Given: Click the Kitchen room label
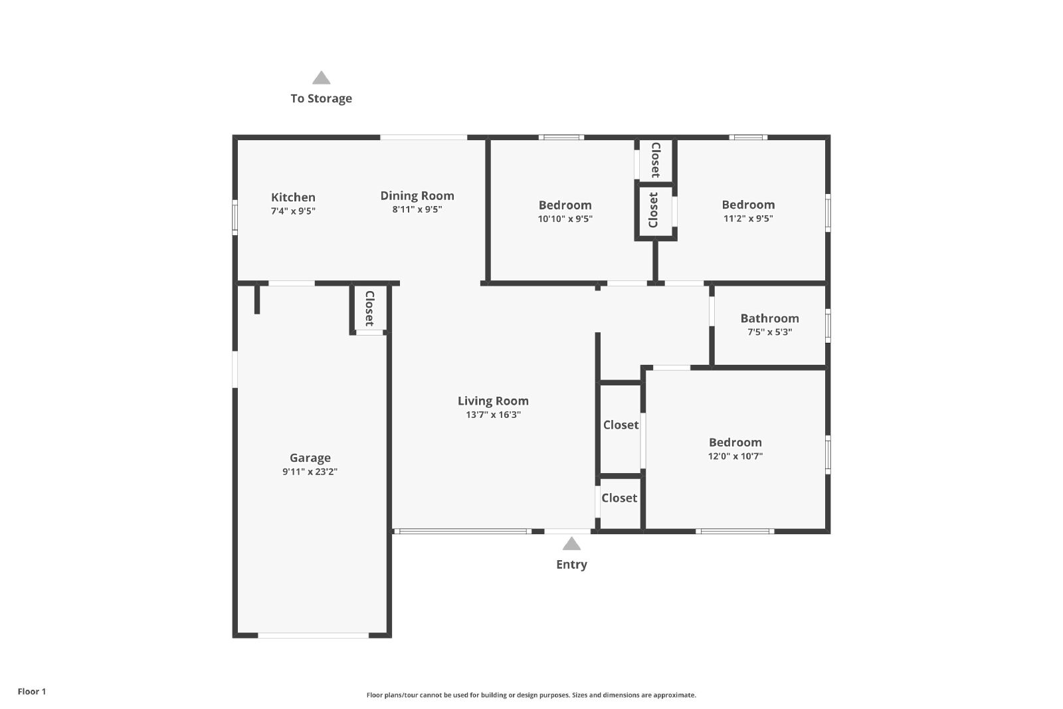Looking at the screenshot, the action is (293, 197).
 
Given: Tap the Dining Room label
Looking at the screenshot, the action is (417, 196).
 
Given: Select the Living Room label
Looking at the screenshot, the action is (493, 401).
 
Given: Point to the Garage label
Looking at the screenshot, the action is (310, 458).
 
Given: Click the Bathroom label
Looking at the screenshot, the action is (770, 318).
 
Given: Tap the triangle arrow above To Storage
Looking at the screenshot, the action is (322, 78).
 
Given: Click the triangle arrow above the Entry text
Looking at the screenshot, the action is (571, 544).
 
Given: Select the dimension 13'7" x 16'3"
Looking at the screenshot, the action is (493, 415).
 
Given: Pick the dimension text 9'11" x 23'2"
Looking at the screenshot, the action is (310, 472).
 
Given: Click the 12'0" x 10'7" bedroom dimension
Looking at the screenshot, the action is (735, 456).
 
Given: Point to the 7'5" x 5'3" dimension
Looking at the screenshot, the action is (770, 332).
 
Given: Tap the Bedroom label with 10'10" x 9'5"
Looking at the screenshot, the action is (565, 205).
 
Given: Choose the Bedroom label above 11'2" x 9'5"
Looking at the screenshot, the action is (748, 205).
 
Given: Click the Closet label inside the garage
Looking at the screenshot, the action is (369, 308).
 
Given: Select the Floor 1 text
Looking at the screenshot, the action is (32, 692).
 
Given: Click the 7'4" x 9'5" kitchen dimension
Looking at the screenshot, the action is (293, 211).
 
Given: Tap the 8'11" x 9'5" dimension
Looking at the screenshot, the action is (417, 210).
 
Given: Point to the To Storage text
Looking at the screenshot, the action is (322, 99).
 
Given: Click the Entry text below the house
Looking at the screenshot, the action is (571, 565).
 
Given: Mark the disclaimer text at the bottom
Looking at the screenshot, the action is (531, 695).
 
